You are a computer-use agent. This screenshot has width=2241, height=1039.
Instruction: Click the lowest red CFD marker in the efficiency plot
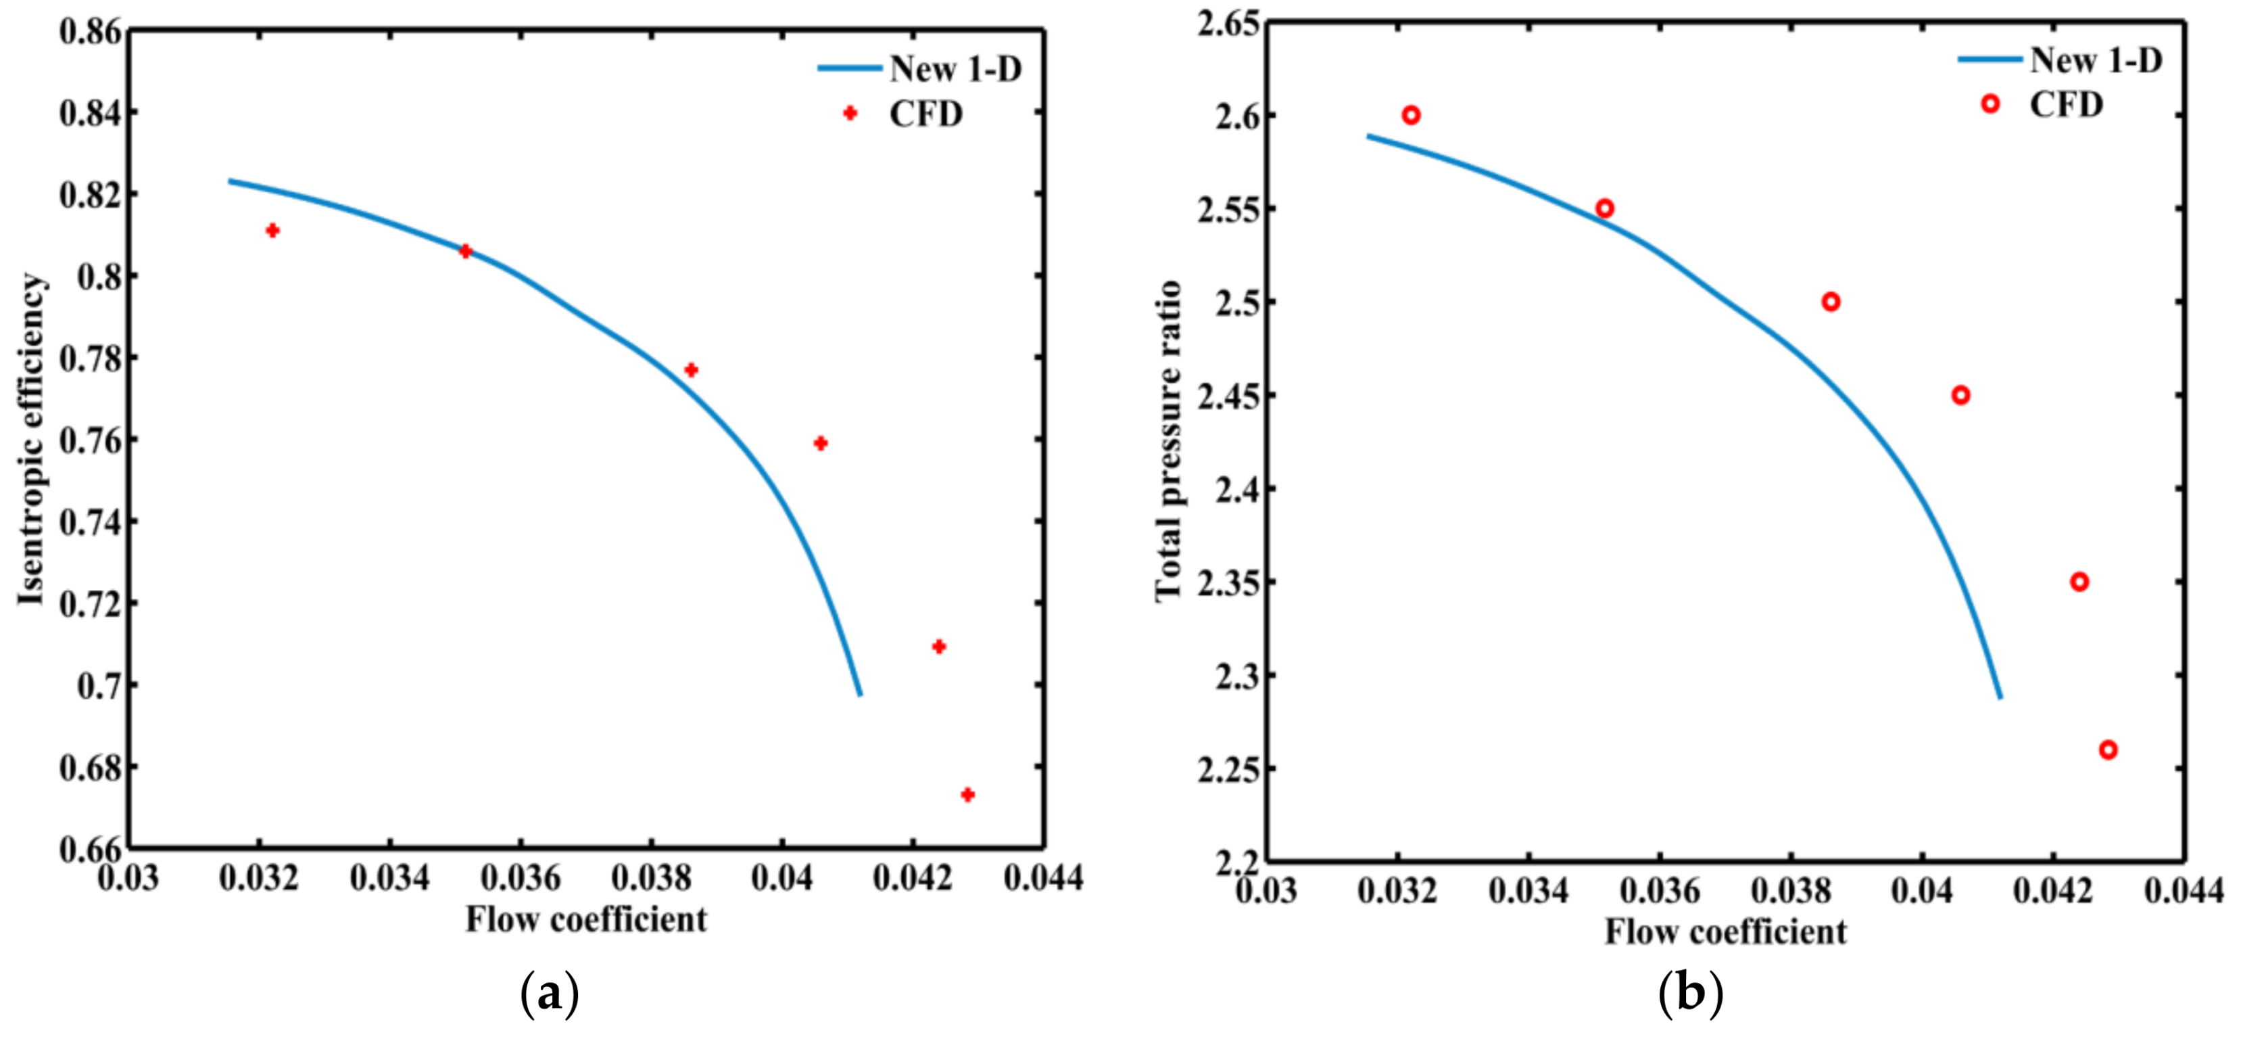pos(967,795)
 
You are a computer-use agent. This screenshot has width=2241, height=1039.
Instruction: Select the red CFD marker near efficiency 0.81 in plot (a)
pos(272,231)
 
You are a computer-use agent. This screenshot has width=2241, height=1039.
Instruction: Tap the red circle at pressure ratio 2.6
pos(1411,115)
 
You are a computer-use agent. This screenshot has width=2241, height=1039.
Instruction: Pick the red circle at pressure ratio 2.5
pos(1831,302)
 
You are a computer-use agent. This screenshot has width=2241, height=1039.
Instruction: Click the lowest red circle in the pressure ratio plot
pos(2108,750)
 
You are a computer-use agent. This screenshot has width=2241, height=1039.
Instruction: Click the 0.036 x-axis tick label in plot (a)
pos(521,878)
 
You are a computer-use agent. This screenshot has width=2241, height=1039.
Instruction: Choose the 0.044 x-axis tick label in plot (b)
pos(2184,890)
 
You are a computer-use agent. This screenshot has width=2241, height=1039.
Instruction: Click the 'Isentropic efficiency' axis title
pos(31,440)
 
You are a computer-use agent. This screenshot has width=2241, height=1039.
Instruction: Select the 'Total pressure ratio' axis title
pos(1168,440)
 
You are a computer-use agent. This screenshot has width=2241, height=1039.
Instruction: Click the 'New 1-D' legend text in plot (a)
pos(955,69)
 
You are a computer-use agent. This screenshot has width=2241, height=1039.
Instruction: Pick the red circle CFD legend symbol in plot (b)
pos(1990,103)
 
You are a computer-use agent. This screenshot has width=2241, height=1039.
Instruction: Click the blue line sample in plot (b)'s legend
pos(1989,59)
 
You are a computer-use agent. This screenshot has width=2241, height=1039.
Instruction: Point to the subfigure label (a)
pos(549,993)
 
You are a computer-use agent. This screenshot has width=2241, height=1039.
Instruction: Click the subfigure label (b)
pos(1689,993)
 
